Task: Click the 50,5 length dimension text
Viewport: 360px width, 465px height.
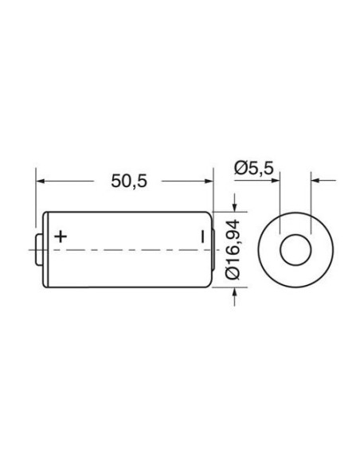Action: point(129,181)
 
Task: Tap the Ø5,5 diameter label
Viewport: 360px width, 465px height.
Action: point(253,168)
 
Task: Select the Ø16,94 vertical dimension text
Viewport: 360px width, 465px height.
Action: point(233,248)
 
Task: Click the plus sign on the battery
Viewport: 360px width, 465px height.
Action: point(61,236)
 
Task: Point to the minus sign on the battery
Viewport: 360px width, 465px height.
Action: point(203,236)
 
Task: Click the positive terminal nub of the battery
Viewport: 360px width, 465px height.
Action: point(39,250)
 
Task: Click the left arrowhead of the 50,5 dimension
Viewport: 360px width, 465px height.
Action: point(40,181)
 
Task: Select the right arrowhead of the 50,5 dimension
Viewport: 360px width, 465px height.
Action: point(209,181)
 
